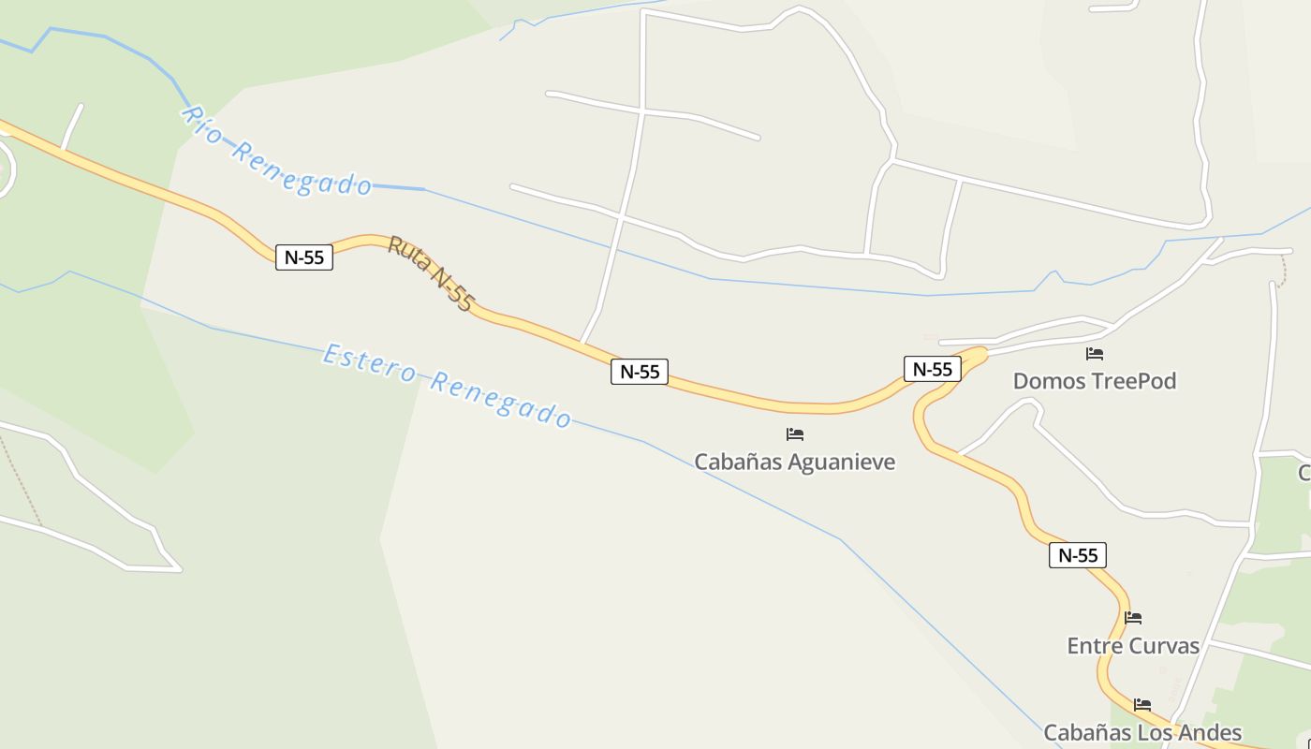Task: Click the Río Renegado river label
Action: point(277,155)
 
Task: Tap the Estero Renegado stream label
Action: point(447,385)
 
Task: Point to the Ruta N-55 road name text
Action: point(431,272)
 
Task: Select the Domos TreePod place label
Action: point(1094,381)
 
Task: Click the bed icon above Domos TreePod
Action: point(1094,354)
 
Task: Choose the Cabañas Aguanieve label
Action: point(794,462)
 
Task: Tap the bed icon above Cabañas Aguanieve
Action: point(795,434)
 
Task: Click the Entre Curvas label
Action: point(1133,646)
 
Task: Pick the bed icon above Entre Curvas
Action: point(1133,618)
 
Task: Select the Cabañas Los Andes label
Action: point(1142,732)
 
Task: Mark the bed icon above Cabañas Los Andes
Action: point(1142,705)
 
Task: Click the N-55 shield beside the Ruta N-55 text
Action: point(304,257)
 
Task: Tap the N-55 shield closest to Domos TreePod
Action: point(933,369)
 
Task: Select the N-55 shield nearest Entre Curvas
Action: point(1078,555)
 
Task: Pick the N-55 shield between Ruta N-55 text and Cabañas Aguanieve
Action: point(641,372)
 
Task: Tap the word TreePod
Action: point(1132,381)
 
